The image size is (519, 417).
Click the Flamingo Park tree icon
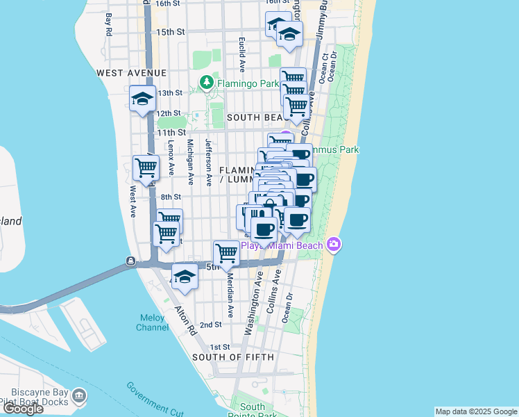click(x=206, y=83)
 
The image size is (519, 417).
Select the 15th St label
click(x=170, y=32)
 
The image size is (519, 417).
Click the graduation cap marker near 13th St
click(x=142, y=99)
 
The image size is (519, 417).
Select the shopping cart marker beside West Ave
click(x=146, y=167)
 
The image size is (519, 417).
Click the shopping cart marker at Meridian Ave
click(x=226, y=253)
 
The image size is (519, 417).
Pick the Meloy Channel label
click(x=151, y=322)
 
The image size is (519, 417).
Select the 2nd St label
click(x=210, y=325)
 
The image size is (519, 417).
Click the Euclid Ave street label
click(x=242, y=55)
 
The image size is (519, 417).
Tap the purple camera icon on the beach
click(x=334, y=245)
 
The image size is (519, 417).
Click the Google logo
click(x=23, y=409)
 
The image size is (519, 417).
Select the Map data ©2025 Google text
click(x=475, y=411)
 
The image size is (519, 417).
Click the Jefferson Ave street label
click(x=209, y=162)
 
